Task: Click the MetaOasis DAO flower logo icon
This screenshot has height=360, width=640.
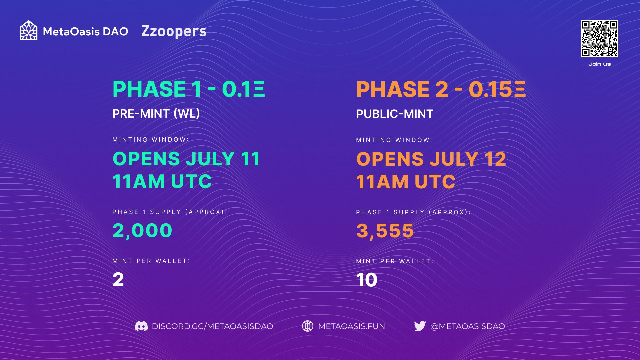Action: click(29, 30)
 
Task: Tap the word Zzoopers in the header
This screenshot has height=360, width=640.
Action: click(174, 31)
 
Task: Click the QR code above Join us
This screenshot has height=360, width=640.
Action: click(599, 39)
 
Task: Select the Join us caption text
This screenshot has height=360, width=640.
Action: click(600, 64)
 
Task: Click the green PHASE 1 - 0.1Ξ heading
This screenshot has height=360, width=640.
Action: click(189, 89)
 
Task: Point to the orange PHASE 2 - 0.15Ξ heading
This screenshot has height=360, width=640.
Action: click(441, 89)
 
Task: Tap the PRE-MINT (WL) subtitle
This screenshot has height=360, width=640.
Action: click(156, 114)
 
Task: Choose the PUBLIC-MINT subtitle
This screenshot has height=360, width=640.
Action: click(395, 114)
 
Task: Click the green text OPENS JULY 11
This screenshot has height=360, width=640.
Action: click(186, 159)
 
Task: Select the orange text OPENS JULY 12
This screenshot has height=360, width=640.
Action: click(431, 159)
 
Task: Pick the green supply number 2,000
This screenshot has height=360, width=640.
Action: click(142, 231)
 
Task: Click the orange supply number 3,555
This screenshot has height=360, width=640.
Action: click(385, 231)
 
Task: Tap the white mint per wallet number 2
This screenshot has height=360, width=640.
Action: click(118, 279)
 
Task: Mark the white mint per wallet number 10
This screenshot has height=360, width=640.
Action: click(367, 280)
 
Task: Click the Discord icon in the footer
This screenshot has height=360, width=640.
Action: click(141, 326)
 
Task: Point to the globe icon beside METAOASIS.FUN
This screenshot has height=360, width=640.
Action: click(308, 326)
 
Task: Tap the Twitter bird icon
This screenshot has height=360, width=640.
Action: click(420, 326)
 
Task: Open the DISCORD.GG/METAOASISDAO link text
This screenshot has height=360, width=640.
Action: click(212, 326)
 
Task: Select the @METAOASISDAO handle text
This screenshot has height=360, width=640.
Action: click(468, 326)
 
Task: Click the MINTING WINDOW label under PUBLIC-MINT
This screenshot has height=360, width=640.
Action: click(394, 140)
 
